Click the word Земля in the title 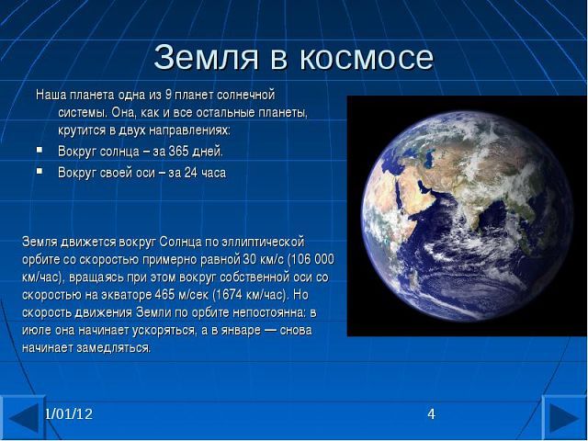point(206,57)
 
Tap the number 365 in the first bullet point(179,152)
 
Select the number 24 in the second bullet point(190,173)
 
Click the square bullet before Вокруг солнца point(40,150)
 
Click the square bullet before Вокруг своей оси point(40,172)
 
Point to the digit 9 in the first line point(168,95)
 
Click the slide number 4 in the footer point(431,414)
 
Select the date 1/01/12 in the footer point(69,414)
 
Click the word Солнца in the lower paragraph point(180,242)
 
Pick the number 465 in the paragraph point(164,295)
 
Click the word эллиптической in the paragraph point(263,242)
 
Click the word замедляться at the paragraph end point(113,348)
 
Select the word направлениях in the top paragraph point(189,130)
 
